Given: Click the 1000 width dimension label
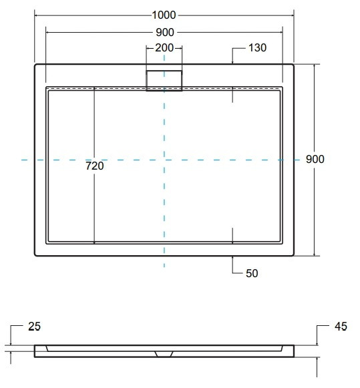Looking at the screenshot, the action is [164, 15].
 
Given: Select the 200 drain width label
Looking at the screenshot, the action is [164, 48].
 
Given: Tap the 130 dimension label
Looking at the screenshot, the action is [257, 48].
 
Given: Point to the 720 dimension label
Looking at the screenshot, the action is [95, 166].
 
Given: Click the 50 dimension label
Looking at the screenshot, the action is [252, 273].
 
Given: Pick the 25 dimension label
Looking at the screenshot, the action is [34, 327].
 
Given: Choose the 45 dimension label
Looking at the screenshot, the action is [341, 327].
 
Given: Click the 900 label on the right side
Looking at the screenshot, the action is [315, 159].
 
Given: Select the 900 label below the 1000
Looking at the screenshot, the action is [165, 32].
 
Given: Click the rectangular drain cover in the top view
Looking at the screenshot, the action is [164, 81].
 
